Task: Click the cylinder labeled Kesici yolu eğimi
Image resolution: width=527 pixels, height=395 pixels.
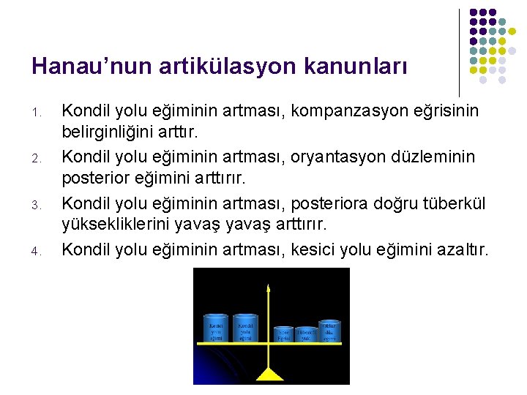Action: [216, 328]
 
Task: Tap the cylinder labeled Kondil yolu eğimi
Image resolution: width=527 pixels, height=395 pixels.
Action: [246, 328]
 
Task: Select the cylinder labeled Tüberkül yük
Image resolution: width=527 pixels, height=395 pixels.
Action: [304, 334]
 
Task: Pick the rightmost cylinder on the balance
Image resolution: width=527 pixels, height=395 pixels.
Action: [329, 331]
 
